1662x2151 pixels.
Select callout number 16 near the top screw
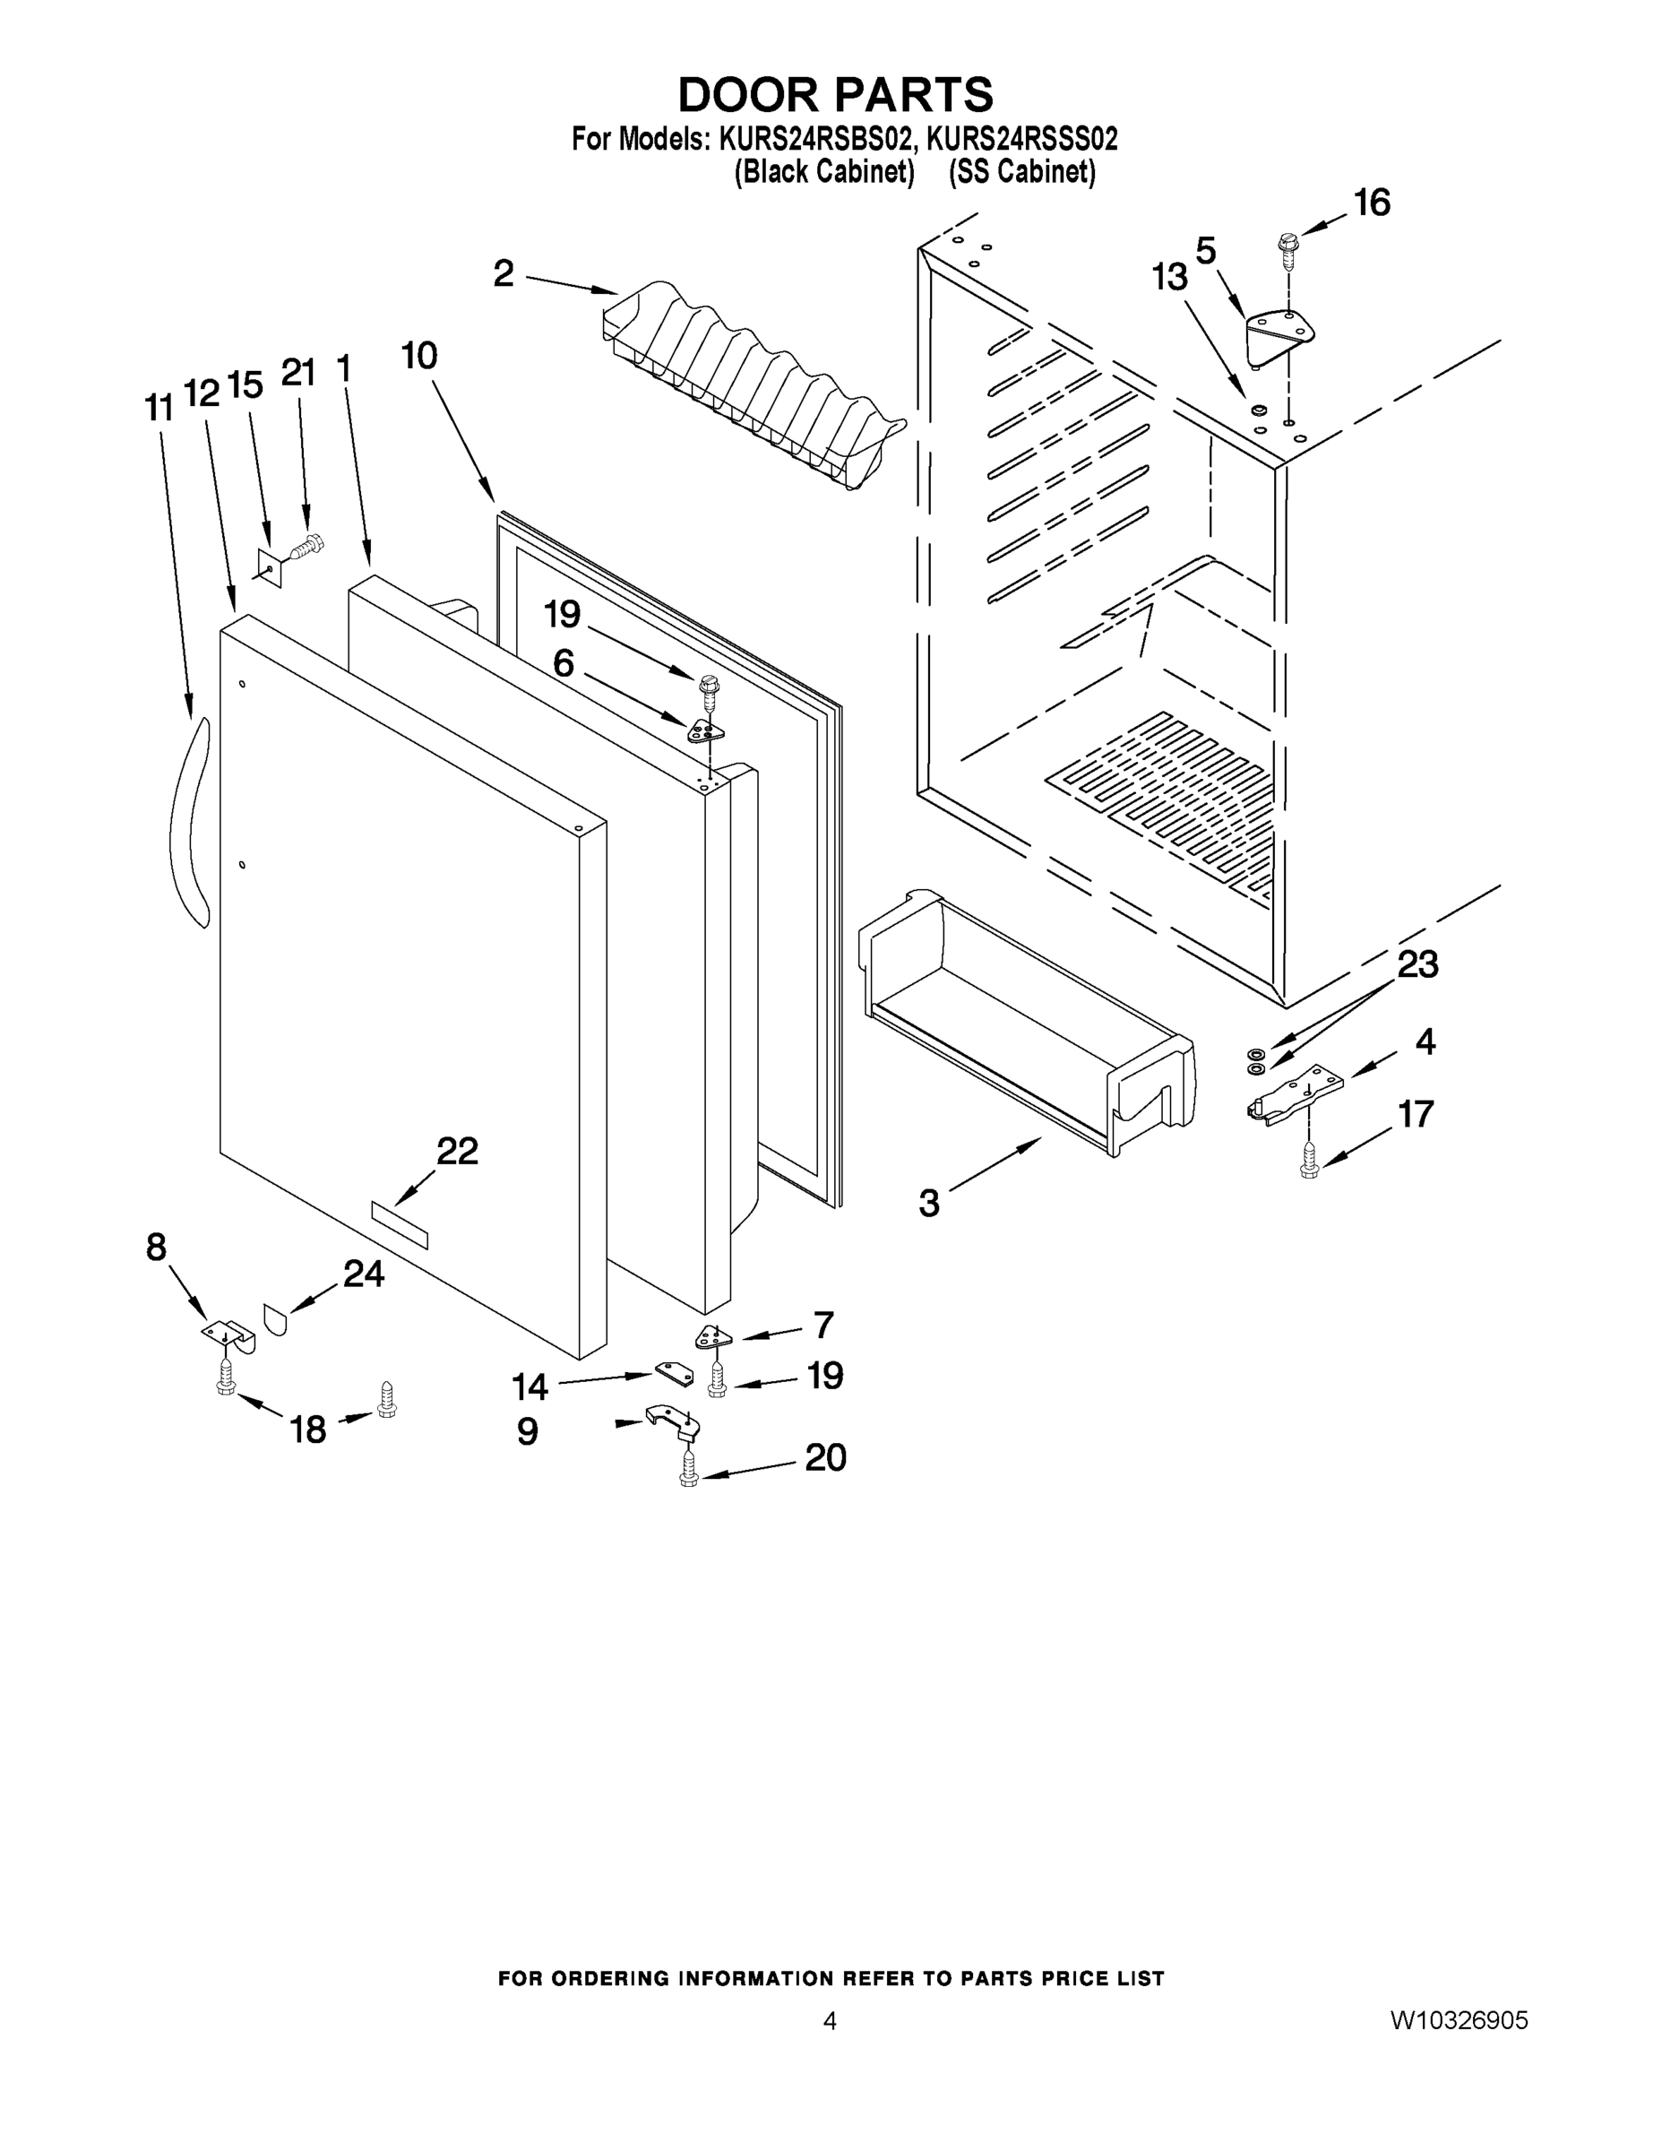pyautogui.click(x=1372, y=203)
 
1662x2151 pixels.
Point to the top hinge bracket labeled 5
pyautogui.click(x=1270, y=335)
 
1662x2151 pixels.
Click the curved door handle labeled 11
pyautogui.click(x=189, y=823)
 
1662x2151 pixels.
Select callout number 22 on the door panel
pyautogui.click(x=457, y=1151)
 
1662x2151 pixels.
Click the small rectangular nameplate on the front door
pyautogui.click(x=399, y=1225)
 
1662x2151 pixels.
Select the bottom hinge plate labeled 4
pyautogui.click(x=1295, y=1094)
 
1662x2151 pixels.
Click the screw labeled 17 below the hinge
pyautogui.click(x=1308, y=1161)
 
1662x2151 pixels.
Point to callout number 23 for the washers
pyautogui.click(x=1417, y=965)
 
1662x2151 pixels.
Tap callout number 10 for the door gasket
pyautogui.click(x=419, y=355)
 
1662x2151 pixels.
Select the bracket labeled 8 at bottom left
pyautogui.click(x=228, y=1333)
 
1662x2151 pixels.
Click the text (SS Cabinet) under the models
pyautogui.click(x=1021, y=171)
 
